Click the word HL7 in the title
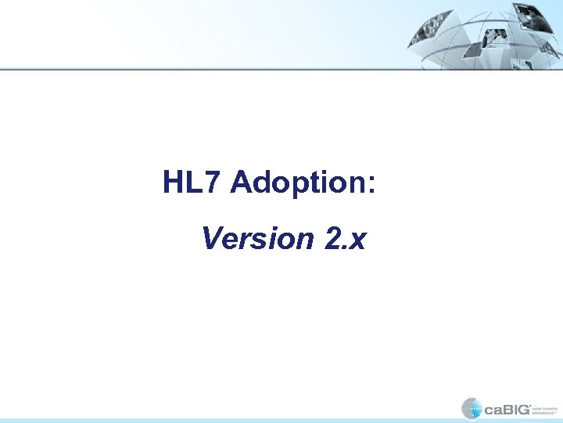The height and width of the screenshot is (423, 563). click(193, 183)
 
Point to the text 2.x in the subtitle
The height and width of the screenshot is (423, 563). click(343, 238)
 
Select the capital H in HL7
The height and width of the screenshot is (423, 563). click(174, 183)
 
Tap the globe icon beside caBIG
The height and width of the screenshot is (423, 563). click(472, 408)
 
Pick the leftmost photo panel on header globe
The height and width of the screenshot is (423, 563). click(429, 27)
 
